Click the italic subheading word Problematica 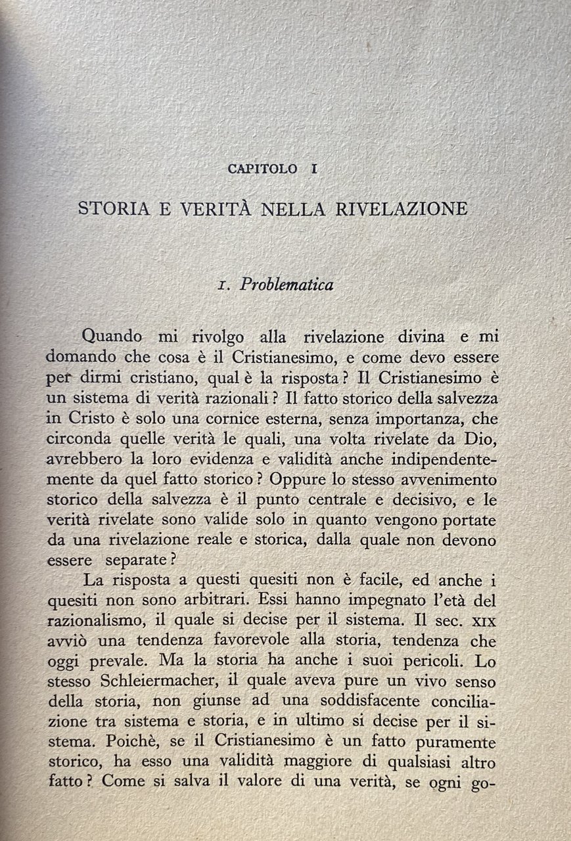286,284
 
